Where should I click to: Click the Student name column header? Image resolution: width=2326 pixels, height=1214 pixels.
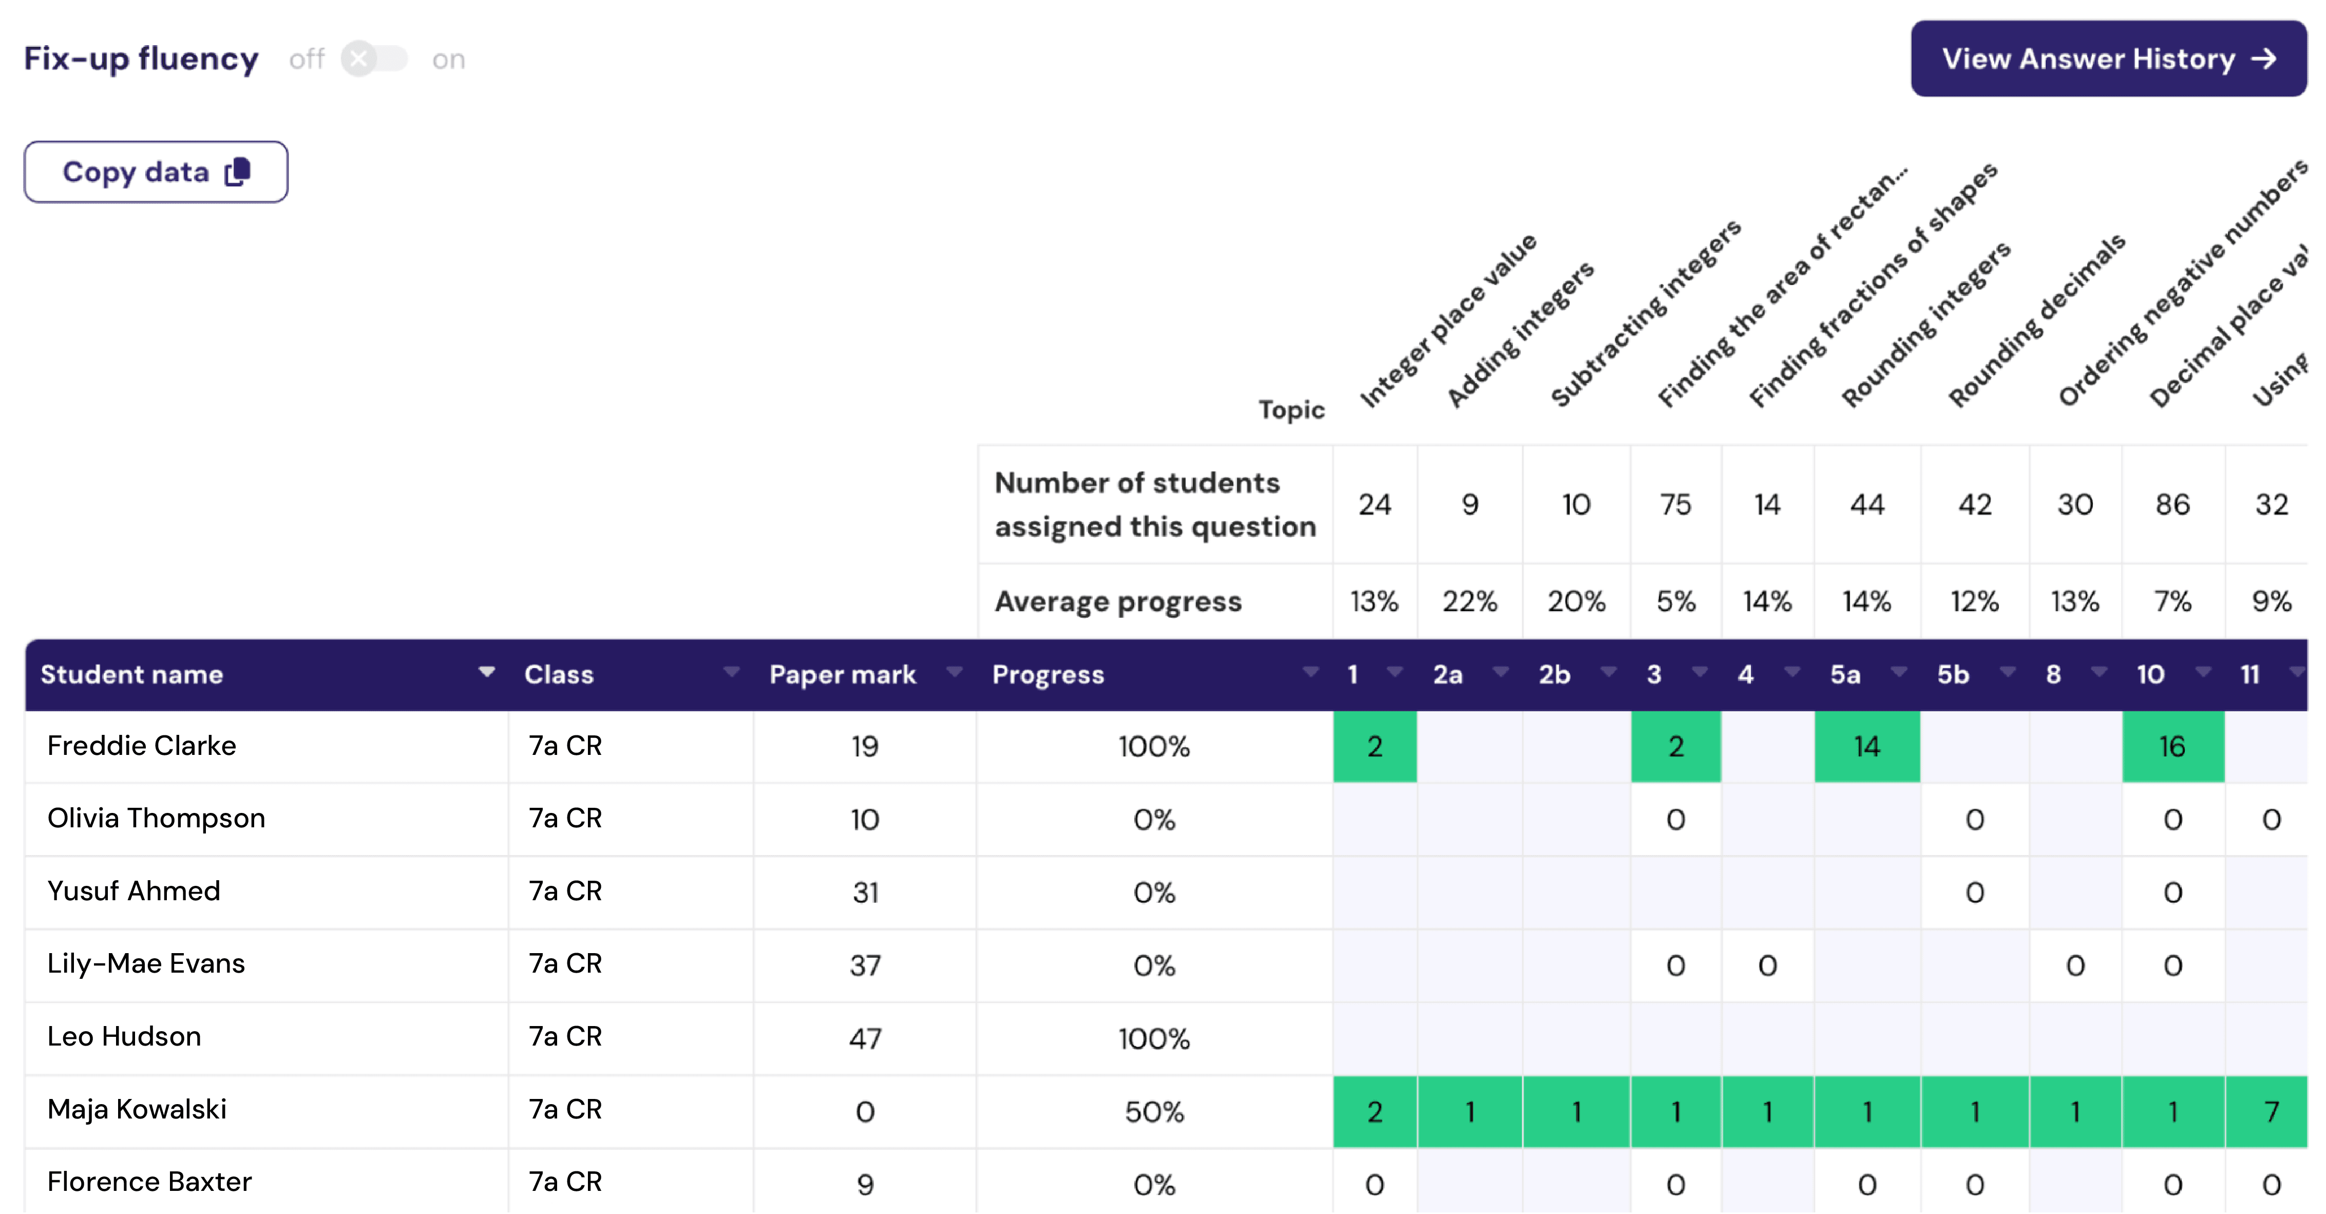(x=132, y=675)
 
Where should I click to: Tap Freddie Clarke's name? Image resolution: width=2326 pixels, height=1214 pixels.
(x=142, y=746)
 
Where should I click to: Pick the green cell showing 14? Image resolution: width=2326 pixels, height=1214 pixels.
(x=1866, y=747)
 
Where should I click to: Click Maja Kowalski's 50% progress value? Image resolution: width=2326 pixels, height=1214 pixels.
(x=1154, y=1112)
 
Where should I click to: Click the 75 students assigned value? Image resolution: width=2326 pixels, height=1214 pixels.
(x=1675, y=505)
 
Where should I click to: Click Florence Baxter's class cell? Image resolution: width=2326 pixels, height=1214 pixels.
(x=565, y=1182)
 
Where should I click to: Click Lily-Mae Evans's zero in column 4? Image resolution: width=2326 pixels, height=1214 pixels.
(x=1767, y=965)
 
